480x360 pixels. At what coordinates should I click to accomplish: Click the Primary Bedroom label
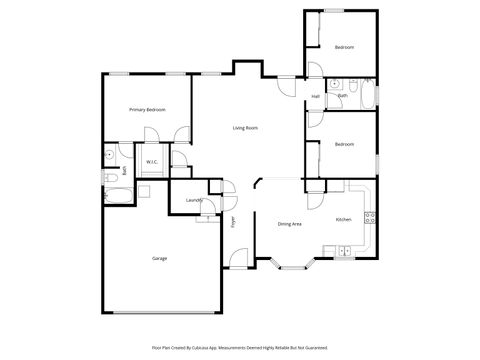[147, 109]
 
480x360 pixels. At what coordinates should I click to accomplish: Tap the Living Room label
[246, 128]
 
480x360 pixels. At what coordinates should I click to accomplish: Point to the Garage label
[159, 259]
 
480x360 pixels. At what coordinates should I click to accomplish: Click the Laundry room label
[194, 201]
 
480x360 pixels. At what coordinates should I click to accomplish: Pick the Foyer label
[233, 222]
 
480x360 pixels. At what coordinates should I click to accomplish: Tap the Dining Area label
[290, 224]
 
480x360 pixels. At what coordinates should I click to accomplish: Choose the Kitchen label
[343, 219]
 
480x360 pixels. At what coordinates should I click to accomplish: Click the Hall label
[315, 96]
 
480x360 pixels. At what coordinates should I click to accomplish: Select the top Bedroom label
[344, 47]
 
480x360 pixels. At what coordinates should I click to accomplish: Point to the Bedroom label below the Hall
[344, 145]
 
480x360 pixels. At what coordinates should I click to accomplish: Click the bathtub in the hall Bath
[370, 96]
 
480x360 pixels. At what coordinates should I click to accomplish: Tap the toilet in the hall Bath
[353, 90]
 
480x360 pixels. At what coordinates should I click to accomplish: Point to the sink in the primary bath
[109, 156]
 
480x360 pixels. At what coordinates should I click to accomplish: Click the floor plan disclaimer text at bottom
[239, 347]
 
